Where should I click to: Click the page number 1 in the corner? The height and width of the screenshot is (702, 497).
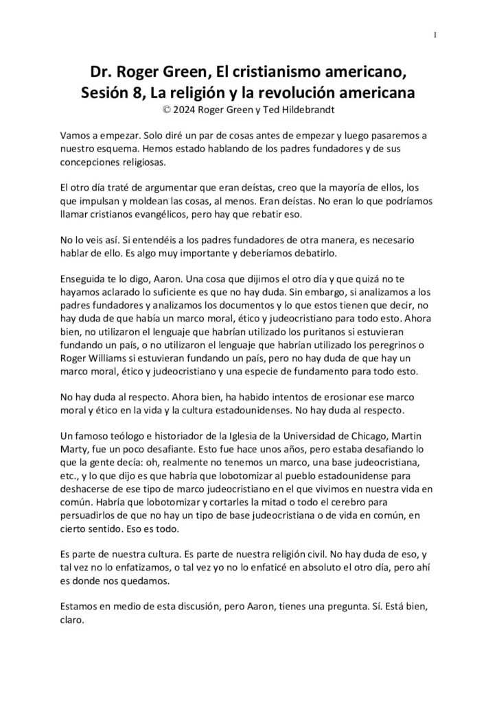pyautogui.click(x=437, y=35)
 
